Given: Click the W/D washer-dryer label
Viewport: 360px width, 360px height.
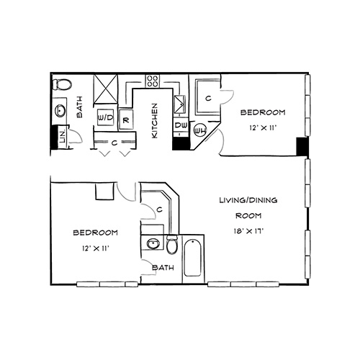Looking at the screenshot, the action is [105, 117].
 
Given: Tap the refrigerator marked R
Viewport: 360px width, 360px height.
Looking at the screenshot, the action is [126, 120].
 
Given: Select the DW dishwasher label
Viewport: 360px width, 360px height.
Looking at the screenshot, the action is [181, 125].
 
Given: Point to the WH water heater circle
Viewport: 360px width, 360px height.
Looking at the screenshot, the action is [200, 131].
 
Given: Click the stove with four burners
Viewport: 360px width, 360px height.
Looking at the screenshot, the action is [153, 81].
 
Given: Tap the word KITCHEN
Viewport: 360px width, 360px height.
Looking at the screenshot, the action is [155, 121].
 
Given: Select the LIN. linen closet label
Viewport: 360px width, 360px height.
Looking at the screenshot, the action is [63, 137].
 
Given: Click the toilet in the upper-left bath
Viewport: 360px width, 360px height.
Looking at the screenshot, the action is [62, 85].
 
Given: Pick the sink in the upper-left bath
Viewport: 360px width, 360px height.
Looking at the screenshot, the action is [60, 111].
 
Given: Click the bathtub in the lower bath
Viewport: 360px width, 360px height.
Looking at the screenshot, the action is [193, 258].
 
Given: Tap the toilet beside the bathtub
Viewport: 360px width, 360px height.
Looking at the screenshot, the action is [171, 244].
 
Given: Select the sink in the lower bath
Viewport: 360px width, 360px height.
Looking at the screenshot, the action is [152, 244].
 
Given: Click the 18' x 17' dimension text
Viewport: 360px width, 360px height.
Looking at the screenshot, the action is [248, 231].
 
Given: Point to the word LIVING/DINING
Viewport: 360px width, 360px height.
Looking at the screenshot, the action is [248, 200].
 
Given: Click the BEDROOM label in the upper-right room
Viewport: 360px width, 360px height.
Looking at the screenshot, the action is [263, 112].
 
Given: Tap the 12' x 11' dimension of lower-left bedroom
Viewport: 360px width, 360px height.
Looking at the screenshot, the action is [96, 248].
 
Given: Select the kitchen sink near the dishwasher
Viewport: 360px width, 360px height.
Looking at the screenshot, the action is [180, 104].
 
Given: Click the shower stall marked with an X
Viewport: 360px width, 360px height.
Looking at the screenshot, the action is [106, 89].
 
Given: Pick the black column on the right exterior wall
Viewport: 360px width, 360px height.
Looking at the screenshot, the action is [302, 146].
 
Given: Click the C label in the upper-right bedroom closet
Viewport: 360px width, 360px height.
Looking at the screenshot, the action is [208, 98].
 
